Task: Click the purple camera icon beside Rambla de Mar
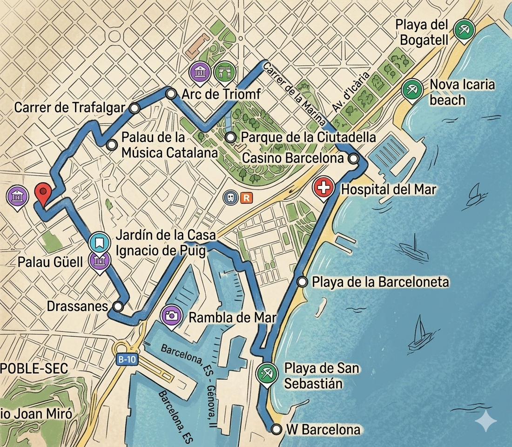(x=171, y=316)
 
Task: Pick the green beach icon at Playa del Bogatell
(x=463, y=30)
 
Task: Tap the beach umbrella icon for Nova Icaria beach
(x=412, y=88)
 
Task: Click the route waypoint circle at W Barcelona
(x=276, y=429)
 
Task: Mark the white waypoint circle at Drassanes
(x=118, y=306)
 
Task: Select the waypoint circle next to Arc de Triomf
(x=171, y=94)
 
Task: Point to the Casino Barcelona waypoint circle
(x=353, y=159)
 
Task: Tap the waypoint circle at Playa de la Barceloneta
(x=302, y=282)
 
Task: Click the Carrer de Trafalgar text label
(x=70, y=108)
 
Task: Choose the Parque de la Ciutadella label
(x=308, y=137)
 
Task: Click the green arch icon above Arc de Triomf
(x=225, y=72)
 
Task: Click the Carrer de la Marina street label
(x=294, y=93)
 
